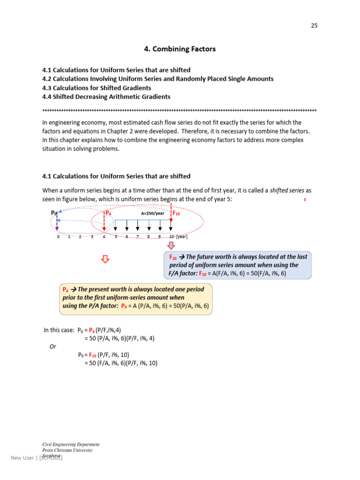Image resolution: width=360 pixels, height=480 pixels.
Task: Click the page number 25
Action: pyautogui.click(x=314, y=26)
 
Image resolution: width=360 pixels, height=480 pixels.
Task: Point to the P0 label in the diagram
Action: pyautogui.click(x=53, y=213)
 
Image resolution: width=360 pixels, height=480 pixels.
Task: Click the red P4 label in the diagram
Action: pyautogui.click(x=108, y=213)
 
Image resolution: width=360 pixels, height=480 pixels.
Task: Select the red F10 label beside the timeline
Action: pyautogui.click(x=176, y=213)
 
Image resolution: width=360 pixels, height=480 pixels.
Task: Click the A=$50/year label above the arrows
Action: pyautogui.click(x=153, y=213)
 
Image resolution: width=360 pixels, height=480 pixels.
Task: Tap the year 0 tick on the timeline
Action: pyautogui.click(x=58, y=237)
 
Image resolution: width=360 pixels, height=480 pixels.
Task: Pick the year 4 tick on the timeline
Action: pyautogui.click(x=104, y=237)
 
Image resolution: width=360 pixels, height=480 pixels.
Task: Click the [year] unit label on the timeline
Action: pyautogui.click(x=182, y=237)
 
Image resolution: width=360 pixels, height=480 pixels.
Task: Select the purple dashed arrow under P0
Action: pyautogui.click(x=57, y=224)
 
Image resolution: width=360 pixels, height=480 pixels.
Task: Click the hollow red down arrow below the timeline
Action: pyautogui.click(x=105, y=259)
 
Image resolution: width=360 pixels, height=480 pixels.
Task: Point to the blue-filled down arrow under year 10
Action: pyautogui.click(x=171, y=246)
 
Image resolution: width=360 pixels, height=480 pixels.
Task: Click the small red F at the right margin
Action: pyautogui.click(x=305, y=200)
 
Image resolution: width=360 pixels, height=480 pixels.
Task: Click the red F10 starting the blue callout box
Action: pyautogui.click(x=172, y=257)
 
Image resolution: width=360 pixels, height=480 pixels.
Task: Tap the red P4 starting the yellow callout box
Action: pyautogui.click(x=66, y=289)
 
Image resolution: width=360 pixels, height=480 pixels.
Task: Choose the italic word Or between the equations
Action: pyautogui.click(x=53, y=346)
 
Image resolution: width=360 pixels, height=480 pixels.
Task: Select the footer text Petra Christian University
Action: pyautogui.click(x=67, y=450)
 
